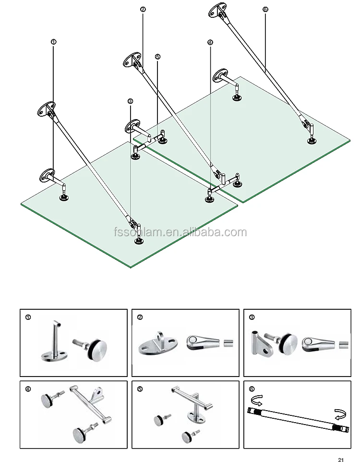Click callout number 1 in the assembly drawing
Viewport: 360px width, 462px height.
(x=53, y=42)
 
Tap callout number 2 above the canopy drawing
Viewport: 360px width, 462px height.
(x=143, y=9)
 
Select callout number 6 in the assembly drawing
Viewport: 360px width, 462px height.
(x=265, y=9)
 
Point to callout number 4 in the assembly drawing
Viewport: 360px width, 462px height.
(x=210, y=42)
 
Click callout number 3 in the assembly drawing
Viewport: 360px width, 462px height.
(x=130, y=101)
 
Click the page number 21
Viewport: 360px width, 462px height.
(x=341, y=457)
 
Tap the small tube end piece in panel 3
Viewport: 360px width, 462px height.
(x=344, y=344)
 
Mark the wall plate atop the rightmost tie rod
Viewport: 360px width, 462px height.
(x=218, y=11)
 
